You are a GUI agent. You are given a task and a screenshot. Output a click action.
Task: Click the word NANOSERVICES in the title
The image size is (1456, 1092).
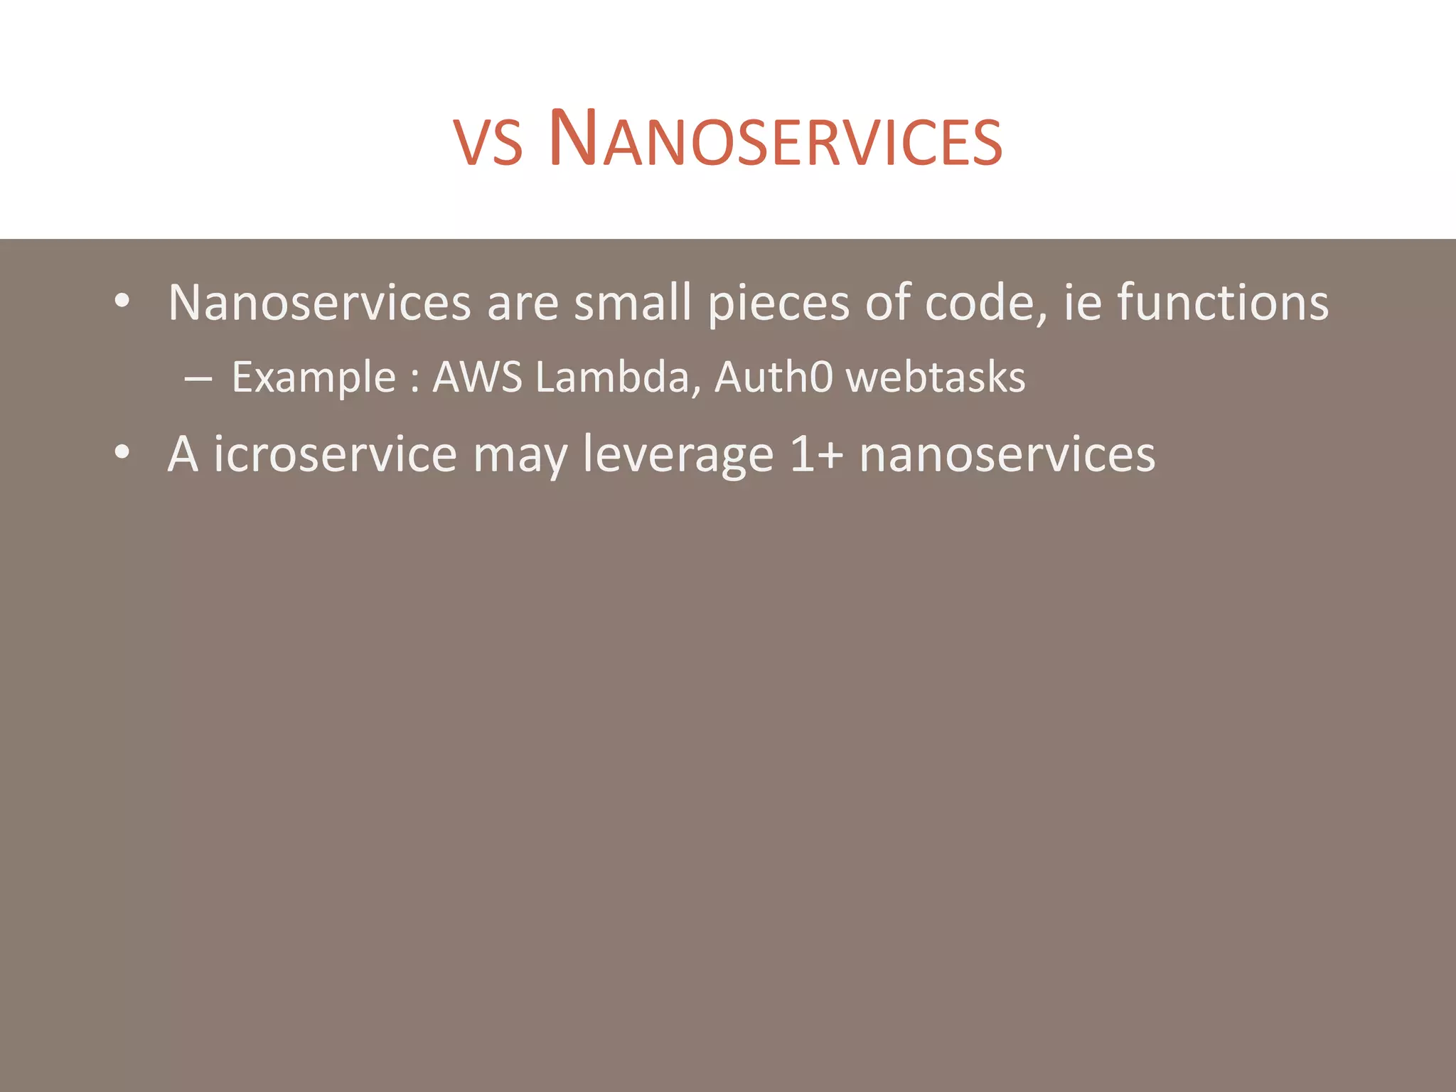pos(775,139)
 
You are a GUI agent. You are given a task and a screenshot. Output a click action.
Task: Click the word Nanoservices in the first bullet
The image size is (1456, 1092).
pos(319,303)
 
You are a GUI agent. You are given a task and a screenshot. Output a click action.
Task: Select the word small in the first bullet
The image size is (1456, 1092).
pos(633,303)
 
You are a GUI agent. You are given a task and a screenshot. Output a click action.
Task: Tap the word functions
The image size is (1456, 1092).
pos(1223,303)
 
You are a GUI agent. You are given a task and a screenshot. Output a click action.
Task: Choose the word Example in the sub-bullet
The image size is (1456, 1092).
pos(314,378)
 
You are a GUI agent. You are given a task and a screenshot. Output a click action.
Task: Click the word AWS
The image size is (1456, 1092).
pos(478,377)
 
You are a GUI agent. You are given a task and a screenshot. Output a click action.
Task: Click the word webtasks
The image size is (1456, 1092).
pos(936,377)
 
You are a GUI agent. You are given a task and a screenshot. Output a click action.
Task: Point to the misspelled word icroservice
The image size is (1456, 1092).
pos(335,454)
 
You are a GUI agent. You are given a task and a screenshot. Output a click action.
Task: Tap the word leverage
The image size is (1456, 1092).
pos(678,456)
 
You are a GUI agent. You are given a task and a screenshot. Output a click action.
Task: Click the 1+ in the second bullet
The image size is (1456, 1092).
pos(816,454)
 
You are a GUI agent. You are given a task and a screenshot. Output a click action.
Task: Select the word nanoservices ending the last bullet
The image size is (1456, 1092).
pos(1007,454)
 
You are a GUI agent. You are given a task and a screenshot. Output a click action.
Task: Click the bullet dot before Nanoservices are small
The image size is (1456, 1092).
pos(122,301)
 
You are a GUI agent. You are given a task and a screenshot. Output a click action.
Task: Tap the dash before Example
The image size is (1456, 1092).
pos(198,380)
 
